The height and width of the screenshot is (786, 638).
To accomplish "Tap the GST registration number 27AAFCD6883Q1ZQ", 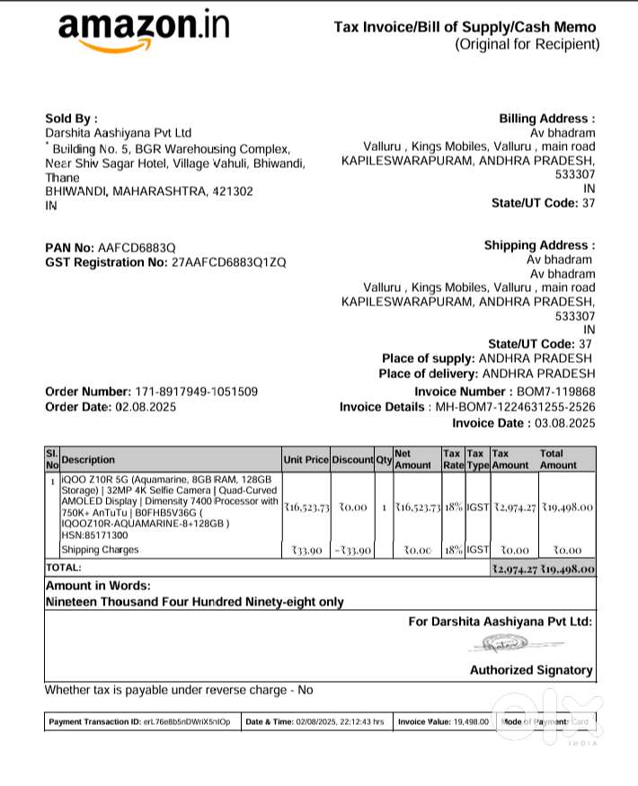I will pyautogui.click(x=228, y=262).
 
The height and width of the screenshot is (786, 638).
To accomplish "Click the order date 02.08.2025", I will pyautogui.click(x=146, y=407).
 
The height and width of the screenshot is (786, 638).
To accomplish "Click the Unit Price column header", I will pyautogui.click(x=306, y=460).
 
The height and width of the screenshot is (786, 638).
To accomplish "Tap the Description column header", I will pyautogui.click(x=88, y=460).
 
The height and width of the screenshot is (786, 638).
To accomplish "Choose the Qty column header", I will pyautogui.click(x=384, y=460).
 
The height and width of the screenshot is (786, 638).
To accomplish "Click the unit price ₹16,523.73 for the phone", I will pyautogui.click(x=306, y=508).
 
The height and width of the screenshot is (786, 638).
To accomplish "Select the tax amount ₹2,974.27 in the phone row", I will pyautogui.click(x=514, y=508).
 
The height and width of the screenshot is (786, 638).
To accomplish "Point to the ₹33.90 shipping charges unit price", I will pyautogui.click(x=306, y=551).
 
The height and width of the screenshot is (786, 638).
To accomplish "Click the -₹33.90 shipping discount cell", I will pyautogui.click(x=351, y=551).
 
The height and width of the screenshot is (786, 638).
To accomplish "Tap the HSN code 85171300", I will pyautogui.click(x=93, y=535).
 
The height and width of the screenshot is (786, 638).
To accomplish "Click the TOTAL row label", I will pyautogui.click(x=63, y=569).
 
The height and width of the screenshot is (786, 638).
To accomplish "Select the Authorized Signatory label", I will pyautogui.click(x=531, y=670).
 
